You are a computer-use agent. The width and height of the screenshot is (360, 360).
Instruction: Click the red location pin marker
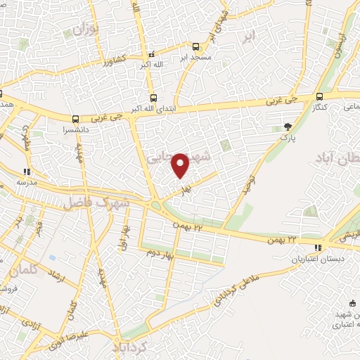(x=181, y=165)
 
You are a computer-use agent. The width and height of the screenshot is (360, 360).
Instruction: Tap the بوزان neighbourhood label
(x=84, y=29)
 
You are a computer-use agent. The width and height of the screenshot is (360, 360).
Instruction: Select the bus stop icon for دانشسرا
(x=75, y=118)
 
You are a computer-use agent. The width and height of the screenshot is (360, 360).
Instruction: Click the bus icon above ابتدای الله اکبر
(x=153, y=98)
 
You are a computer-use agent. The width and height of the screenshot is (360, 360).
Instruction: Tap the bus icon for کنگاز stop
(x=320, y=96)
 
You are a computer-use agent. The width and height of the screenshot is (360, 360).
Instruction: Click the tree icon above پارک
(x=287, y=127)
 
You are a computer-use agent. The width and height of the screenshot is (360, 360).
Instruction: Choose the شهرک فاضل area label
(x=96, y=202)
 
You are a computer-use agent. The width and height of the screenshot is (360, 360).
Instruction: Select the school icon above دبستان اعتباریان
(x=319, y=247)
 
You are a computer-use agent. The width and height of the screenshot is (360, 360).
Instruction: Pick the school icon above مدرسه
(x=27, y=170)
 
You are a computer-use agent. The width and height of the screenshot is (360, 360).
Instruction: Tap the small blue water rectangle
(x=52, y=256)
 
